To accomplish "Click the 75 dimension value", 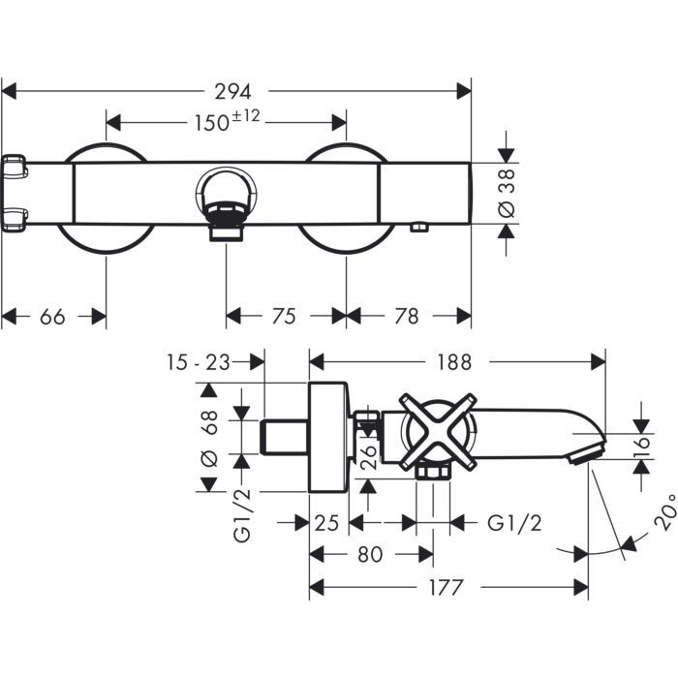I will pyautogui.click(x=284, y=317).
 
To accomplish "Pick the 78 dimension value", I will pyautogui.click(x=408, y=317).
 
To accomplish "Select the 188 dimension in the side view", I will pyautogui.click(x=453, y=362).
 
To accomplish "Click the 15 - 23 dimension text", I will pyautogui.click(x=198, y=362).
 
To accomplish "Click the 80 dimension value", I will pyautogui.click(x=368, y=555).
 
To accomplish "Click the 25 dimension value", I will pyautogui.click(x=326, y=523).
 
